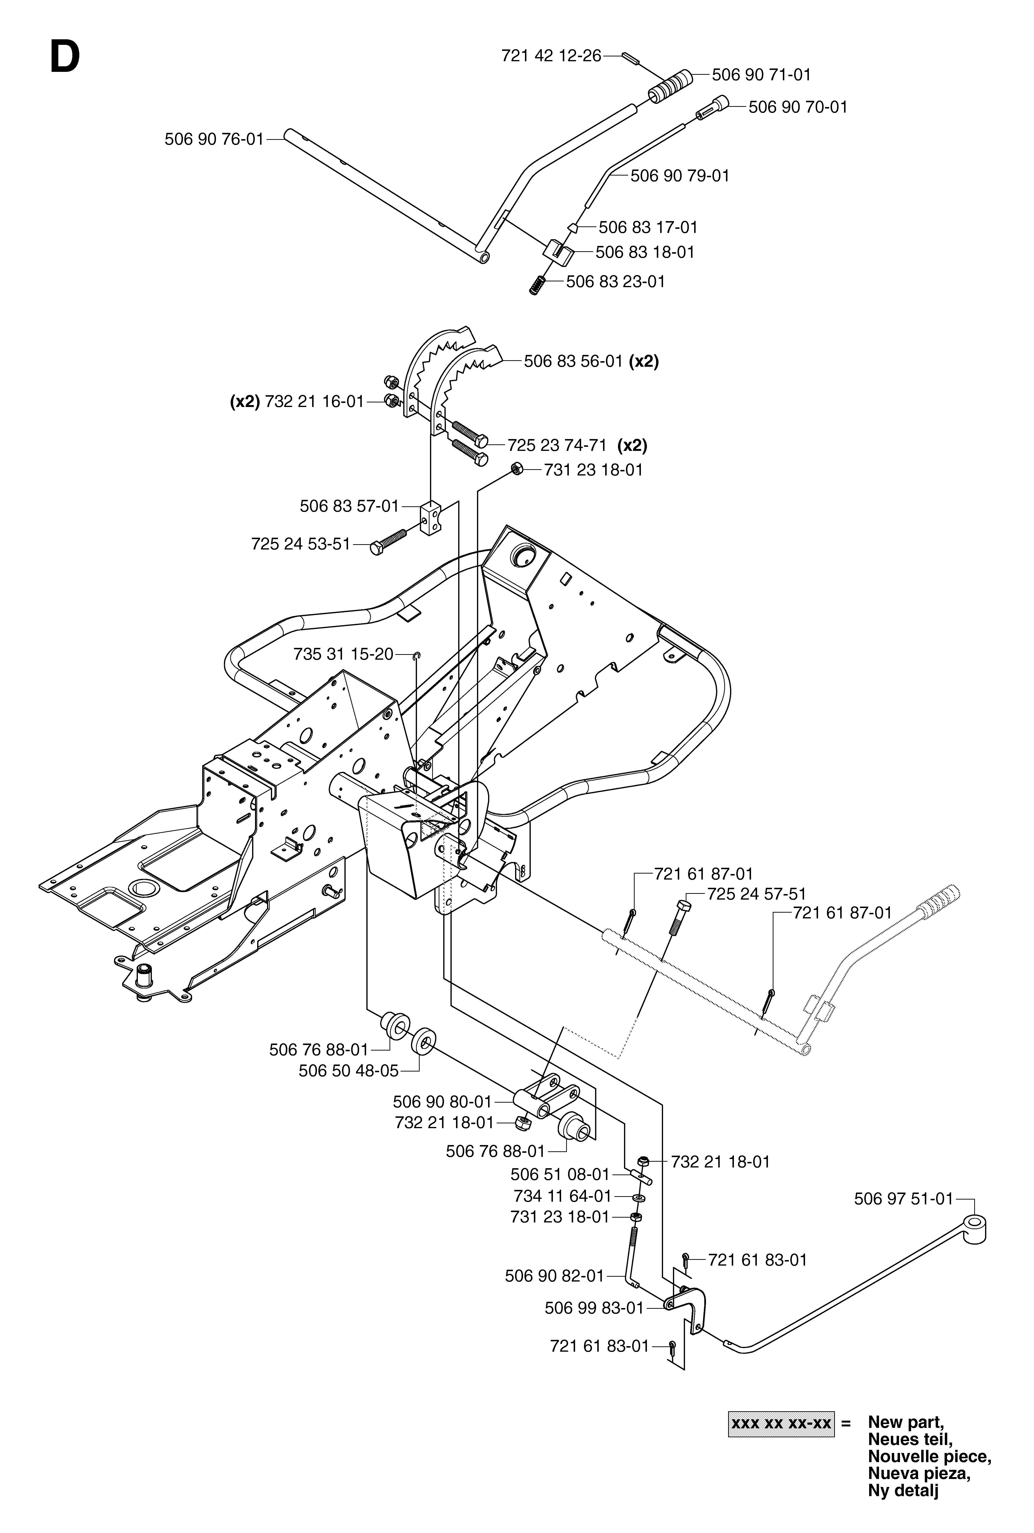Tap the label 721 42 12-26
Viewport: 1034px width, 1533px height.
551,56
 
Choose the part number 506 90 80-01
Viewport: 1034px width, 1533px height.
443,1101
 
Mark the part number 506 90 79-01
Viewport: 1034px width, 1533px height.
680,176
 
